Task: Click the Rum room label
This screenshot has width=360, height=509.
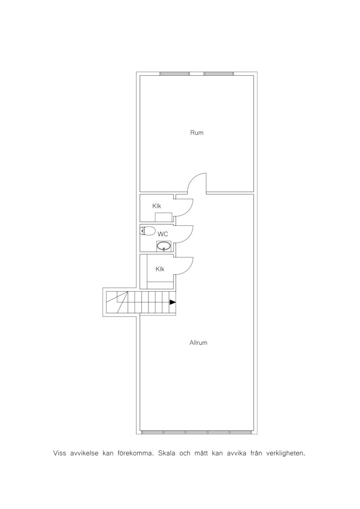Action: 197,133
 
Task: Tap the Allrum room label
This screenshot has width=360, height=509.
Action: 198,342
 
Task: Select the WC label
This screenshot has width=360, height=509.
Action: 162,234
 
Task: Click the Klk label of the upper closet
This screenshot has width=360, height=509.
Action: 157,206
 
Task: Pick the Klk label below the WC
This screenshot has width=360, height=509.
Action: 160,269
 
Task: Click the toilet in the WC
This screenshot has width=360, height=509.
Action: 148,231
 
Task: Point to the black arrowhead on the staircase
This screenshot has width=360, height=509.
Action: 173,302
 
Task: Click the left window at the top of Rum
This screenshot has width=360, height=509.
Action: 175,74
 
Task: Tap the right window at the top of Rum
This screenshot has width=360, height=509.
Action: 218,74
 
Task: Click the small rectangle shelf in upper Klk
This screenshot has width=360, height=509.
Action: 163,217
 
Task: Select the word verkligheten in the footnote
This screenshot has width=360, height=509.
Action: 286,453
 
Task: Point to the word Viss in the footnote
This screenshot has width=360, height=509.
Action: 59,453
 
